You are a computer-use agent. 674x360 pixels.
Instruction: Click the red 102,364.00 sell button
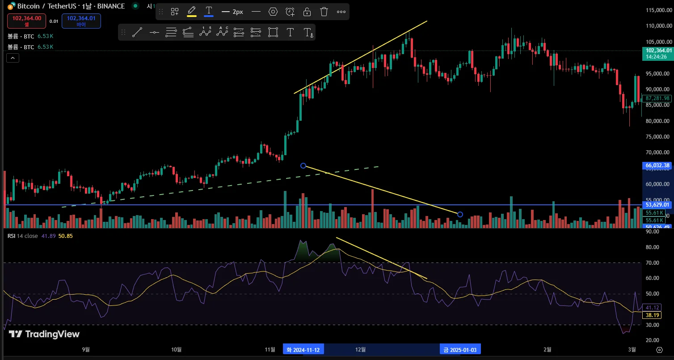(26, 21)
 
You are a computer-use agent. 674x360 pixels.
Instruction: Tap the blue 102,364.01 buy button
(81, 21)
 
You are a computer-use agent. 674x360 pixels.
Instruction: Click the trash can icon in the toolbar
(324, 12)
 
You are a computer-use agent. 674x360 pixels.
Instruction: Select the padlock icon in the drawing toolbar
(307, 12)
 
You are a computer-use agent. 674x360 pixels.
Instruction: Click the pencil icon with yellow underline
(192, 11)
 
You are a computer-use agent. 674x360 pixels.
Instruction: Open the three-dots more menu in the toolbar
(341, 12)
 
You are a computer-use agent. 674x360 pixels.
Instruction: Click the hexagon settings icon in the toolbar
(273, 12)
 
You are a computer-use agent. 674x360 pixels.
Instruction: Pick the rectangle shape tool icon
(273, 32)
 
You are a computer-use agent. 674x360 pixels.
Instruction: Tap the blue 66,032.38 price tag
(657, 165)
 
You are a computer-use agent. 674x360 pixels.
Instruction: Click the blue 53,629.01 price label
(657, 205)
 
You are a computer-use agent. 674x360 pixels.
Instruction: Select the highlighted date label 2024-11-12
(304, 349)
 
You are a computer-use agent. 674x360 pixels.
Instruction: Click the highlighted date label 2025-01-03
(459, 349)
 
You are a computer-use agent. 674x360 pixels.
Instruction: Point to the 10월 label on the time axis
(177, 349)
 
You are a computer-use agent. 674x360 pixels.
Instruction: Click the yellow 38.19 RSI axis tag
(650, 315)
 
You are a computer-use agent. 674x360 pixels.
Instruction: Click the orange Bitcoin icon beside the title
(11, 6)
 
